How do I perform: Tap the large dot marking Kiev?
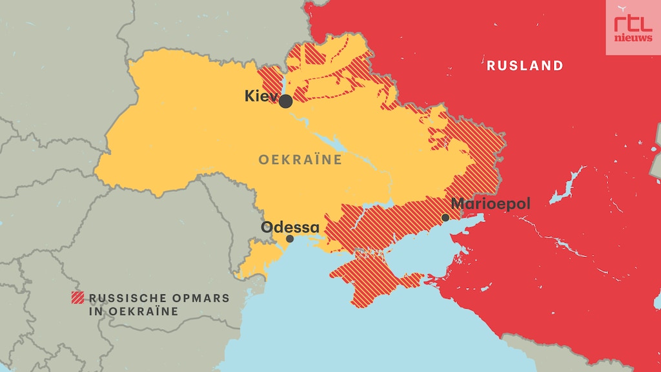(286, 101)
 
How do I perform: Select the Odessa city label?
(290, 227)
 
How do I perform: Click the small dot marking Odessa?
(290, 239)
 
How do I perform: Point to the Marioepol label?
(491, 204)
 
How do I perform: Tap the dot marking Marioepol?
(445, 218)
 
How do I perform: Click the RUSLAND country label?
(525, 65)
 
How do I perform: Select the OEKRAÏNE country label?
(300, 160)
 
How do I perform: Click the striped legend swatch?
(77, 298)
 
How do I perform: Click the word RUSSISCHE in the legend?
(123, 298)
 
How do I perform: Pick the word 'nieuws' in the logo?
(633, 37)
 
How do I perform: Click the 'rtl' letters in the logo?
(633, 24)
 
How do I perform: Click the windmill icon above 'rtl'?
(622, 9)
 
